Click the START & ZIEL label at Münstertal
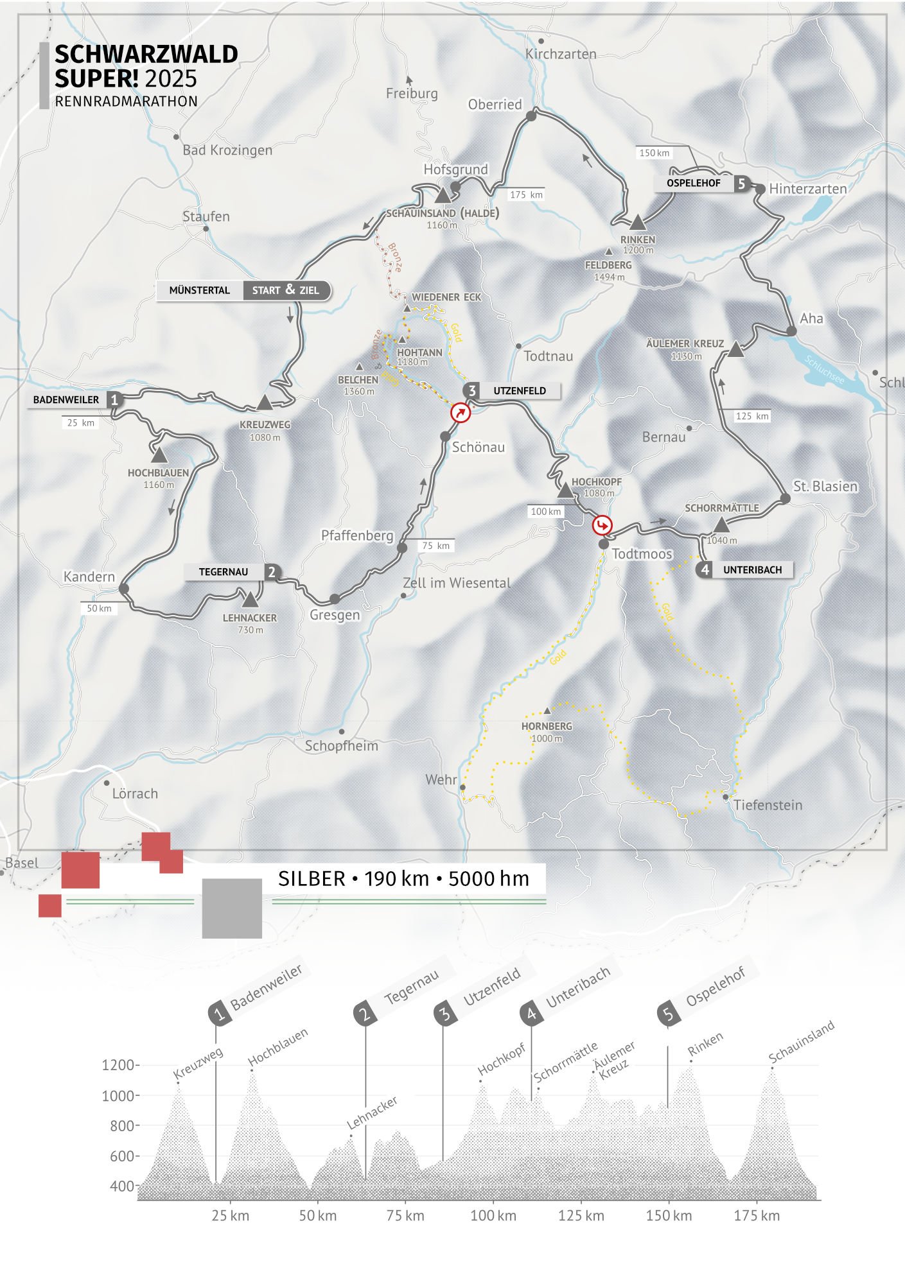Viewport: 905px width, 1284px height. coord(286,290)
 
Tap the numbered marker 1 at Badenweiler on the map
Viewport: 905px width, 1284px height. coord(114,399)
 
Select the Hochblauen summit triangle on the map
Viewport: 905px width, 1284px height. coord(159,455)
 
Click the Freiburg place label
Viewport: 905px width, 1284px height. coord(412,94)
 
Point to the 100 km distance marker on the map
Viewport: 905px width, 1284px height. coord(546,512)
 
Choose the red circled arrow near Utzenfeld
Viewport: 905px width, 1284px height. coord(461,413)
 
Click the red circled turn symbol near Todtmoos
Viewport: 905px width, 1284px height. coord(602,526)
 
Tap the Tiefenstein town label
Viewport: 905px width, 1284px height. coord(768,805)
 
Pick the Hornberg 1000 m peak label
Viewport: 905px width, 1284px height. coord(547,732)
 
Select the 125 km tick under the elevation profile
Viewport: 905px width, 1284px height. coord(581,1215)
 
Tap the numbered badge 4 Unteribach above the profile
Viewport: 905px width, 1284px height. coord(532,1014)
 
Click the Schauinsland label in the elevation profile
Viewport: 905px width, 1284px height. coord(802,1041)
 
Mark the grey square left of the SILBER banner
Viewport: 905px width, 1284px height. coord(232,908)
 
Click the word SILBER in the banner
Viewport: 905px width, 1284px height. coord(312,879)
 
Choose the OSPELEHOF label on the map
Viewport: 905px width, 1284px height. coord(694,184)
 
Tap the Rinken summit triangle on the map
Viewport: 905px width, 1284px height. coord(637,223)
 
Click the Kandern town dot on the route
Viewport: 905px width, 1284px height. coord(124,588)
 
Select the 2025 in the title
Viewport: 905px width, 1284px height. coord(171,78)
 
